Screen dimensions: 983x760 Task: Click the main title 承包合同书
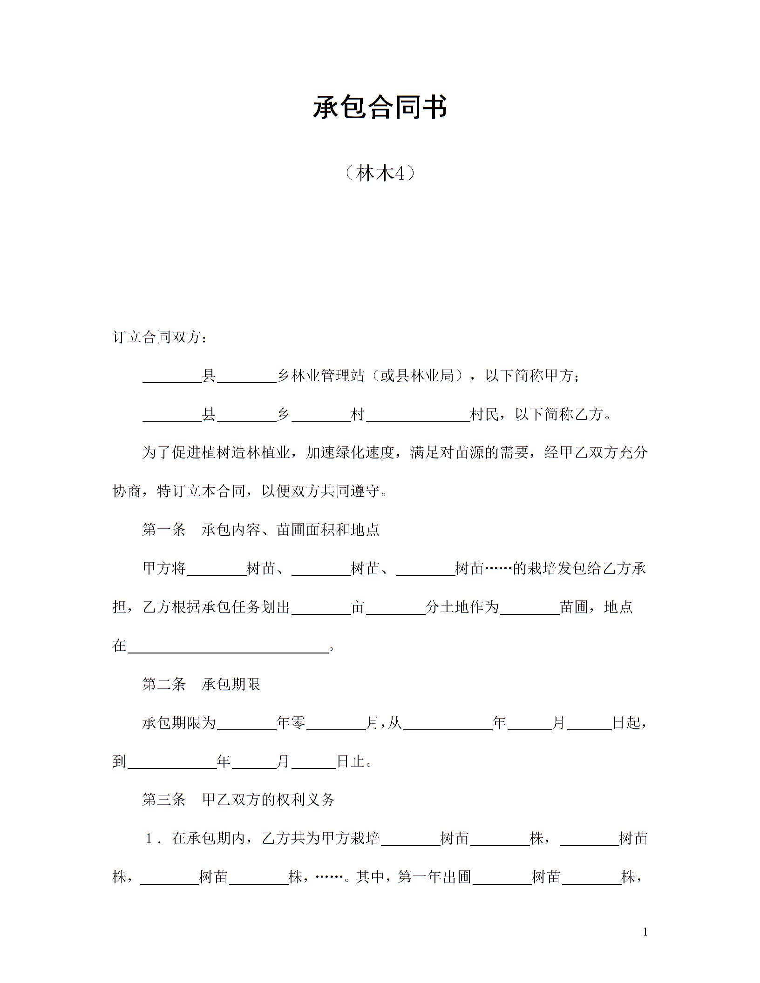point(380,108)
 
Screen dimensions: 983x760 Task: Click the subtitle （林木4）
point(380,174)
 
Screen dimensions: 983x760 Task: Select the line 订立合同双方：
point(160,337)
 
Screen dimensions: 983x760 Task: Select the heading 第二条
point(164,684)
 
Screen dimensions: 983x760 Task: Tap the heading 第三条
point(164,800)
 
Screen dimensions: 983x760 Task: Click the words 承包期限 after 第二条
point(231,684)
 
